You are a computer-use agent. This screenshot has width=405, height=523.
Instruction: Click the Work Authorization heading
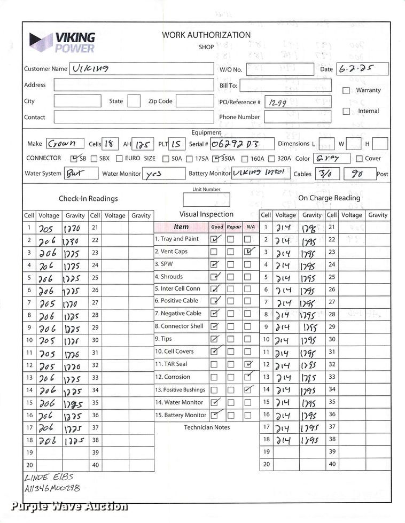[x=206, y=35]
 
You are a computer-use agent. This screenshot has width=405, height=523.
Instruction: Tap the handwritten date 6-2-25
[x=355, y=69]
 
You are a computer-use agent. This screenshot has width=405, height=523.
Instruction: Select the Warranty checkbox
[x=346, y=90]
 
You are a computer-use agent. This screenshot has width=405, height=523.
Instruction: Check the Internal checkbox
[x=346, y=111]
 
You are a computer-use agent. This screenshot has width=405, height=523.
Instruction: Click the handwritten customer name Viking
[x=91, y=68]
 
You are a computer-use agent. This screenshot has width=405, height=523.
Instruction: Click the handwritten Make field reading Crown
[x=65, y=144]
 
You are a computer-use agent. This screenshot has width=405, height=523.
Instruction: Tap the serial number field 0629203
[x=235, y=144]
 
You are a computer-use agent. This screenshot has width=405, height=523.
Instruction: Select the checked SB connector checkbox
[x=75, y=159]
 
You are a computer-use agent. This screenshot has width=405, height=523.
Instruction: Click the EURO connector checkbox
[x=120, y=159]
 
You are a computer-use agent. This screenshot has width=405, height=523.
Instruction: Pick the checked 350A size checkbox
[x=215, y=159]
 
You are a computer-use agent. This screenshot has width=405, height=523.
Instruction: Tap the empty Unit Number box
[x=206, y=200]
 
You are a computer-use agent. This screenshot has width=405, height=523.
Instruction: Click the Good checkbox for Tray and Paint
[x=214, y=239]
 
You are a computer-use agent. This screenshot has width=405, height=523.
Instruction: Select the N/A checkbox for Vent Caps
[x=248, y=252]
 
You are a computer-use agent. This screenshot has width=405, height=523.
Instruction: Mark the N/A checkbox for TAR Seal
[x=248, y=364]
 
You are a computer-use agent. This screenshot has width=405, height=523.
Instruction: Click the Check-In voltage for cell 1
[x=48, y=228]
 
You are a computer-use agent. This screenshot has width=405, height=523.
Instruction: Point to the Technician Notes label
[x=207, y=427]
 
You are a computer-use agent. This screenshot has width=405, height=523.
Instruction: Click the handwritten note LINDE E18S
[x=49, y=477]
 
